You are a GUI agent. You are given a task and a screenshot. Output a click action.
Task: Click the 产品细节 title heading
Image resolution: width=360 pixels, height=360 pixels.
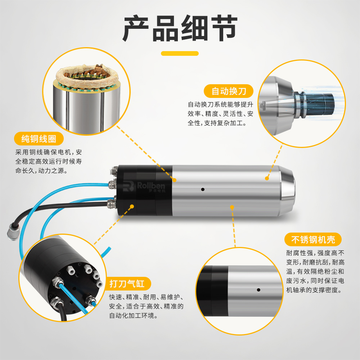pyautogui.click(x=180, y=28)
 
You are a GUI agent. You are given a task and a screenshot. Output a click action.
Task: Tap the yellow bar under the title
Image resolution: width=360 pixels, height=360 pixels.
pyautogui.click(x=180, y=54)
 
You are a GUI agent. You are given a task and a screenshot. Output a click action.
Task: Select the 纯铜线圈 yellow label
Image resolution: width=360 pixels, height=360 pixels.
pyautogui.click(x=39, y=139)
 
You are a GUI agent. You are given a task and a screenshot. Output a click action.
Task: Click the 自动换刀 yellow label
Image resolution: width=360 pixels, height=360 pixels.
pyautogui.click(x=229, y=91)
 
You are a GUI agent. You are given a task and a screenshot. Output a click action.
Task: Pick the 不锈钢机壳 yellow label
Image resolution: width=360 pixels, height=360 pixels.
pyautogui.click(x=313, y=240)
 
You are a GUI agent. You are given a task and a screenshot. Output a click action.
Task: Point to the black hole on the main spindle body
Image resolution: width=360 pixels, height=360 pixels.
pyautogui.click(x=203, y=189)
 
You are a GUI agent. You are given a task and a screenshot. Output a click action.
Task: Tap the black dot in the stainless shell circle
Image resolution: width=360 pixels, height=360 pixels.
pyautogui.click(x=258, y=290)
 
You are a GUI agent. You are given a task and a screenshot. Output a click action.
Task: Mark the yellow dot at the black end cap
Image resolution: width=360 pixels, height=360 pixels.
pyautogui.click(x=132, y=207)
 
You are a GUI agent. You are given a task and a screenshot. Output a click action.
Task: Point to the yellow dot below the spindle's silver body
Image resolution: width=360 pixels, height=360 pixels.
pyautogui.click(x=232, y=208)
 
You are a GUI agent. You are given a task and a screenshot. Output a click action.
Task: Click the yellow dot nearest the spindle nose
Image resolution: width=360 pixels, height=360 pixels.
pyautogui.click(x=267, y=178)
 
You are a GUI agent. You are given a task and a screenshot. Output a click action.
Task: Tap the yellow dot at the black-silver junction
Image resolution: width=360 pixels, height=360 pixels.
pyautogui.click(x=175, y=180)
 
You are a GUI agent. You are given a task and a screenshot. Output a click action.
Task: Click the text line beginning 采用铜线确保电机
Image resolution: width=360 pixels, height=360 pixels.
pyautogui.click(x=49, y=152)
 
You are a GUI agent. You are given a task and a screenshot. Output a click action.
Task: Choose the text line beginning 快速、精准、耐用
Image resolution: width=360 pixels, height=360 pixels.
pyautogui.click(x=146, y=297)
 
